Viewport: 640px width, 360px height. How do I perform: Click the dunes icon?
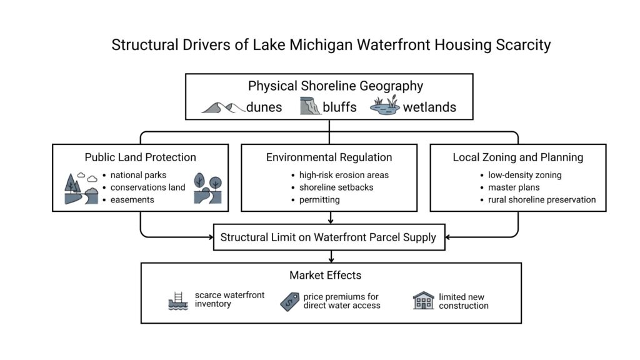[222, 107]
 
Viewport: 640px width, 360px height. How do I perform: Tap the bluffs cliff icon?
[310, 107]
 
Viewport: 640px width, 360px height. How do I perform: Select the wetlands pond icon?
[385, 107]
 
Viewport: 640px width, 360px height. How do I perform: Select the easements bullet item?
[132, 199]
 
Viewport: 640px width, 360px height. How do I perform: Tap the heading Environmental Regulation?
[329, 157]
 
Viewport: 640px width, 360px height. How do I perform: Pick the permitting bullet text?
[319, 199]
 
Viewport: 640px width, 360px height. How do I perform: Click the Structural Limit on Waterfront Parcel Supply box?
[329, 237]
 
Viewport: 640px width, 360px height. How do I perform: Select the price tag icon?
[289, 301]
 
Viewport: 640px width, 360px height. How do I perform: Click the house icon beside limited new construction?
[423, 301]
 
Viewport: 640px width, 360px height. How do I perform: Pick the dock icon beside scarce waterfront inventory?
[179, 301]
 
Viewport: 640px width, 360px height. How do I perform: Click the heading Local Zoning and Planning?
[518, 157]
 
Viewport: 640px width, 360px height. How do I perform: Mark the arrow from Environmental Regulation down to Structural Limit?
[329, 217]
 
